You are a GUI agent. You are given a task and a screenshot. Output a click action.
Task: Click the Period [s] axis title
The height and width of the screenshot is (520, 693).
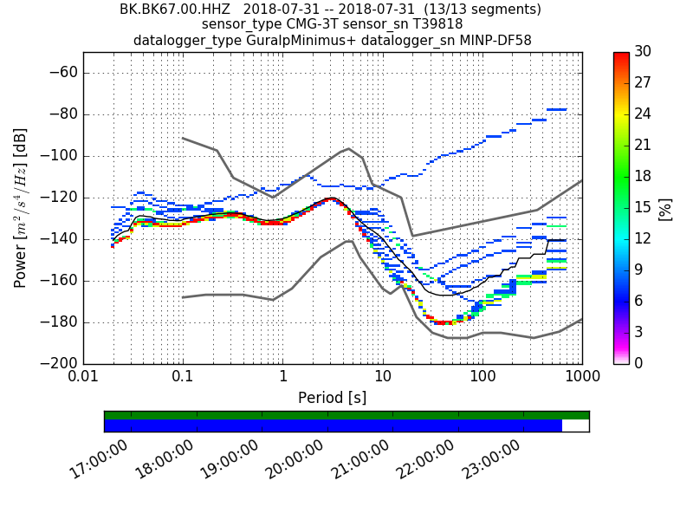(x=332, y=398)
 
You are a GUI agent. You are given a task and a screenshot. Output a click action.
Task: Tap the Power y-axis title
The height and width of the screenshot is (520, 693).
(x=21, y=208)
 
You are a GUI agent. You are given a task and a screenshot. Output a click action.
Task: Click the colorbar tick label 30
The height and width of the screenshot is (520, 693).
(x=644, y=52)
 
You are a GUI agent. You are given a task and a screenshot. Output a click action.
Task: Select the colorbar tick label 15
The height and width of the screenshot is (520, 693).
(x=644, y=207)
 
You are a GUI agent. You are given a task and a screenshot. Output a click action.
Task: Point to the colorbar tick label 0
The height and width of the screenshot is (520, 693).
(x=639, y=363)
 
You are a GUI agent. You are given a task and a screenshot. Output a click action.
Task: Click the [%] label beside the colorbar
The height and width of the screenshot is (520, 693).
(x=665, y=208)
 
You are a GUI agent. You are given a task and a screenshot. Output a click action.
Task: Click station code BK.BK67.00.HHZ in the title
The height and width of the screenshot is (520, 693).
(x=176, y=10)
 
